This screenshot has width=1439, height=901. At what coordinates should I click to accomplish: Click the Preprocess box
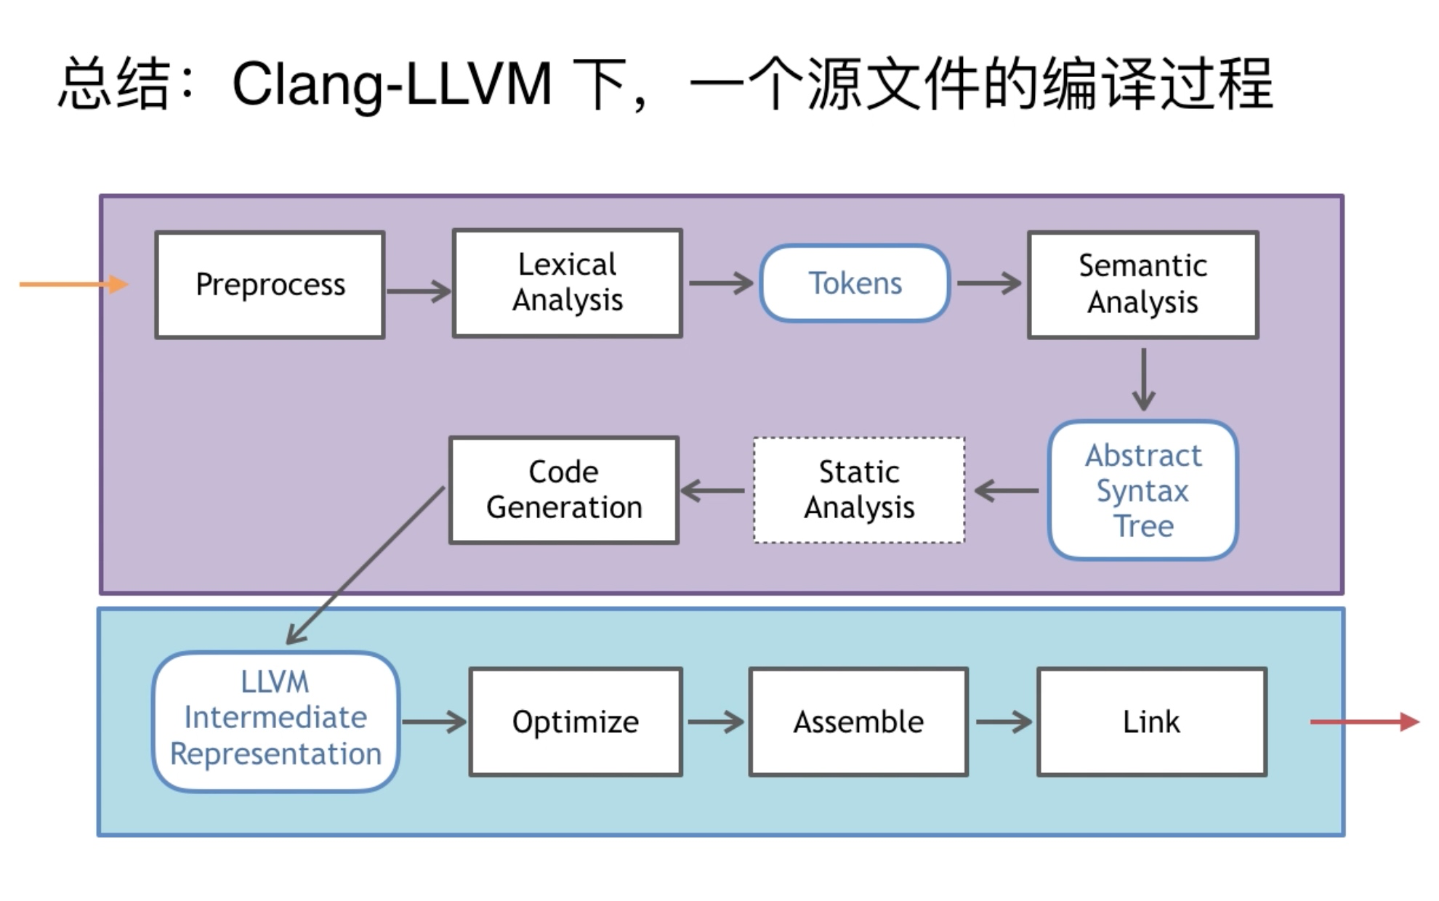point(270,285)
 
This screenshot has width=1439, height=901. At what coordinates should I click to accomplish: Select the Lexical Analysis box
point(567,283)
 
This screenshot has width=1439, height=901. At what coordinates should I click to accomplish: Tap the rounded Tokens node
point(855,283)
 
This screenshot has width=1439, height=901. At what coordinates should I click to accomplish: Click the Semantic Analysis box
point(1142,285)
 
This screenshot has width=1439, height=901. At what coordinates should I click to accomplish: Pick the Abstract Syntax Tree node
point(1142,490)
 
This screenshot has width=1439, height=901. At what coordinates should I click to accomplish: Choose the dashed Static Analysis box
point(859,490)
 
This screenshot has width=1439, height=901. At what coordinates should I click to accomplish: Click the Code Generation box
point(564,490)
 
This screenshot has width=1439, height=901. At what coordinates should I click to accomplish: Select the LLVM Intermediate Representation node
point(275,719)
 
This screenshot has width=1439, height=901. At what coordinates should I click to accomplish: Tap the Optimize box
point(575,722)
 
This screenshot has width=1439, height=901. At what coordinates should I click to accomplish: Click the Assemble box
point(858,722)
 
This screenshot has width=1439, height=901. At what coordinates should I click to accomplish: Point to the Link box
point(1151,722)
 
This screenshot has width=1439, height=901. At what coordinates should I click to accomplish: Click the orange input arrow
point(73,284)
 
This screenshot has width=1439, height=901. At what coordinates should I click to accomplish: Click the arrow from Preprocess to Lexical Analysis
point(418,291)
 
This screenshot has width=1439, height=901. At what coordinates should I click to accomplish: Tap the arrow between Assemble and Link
point(1003,722)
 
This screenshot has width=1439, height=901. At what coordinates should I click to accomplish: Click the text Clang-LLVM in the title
point(392,84)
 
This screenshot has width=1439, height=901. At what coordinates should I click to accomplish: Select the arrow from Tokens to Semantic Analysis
point(988,283)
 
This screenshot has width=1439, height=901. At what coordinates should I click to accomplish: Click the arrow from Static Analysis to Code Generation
point(713,490)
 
